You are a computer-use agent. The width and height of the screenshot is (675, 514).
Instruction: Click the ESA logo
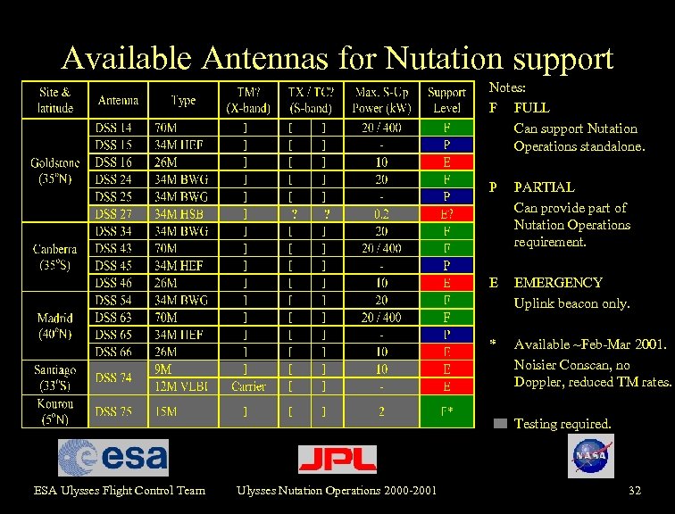pos(113,458)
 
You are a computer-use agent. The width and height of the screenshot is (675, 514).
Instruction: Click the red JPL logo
pos(337,459)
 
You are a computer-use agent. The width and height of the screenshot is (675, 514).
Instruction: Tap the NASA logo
pos(591,456)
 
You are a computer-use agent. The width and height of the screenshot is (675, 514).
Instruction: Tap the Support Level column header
pos(446,99)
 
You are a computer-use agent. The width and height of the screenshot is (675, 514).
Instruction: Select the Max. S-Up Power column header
pos(381,99)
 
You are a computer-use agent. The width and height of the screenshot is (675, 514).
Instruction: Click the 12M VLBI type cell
pos(181,385)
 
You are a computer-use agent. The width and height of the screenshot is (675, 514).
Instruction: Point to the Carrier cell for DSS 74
pos(248,385)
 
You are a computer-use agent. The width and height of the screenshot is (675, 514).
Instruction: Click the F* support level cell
pos(446,411)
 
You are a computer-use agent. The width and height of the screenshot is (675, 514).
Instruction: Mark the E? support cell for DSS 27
pos(446,213)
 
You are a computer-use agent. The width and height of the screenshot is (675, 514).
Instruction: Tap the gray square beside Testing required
pos(500,424)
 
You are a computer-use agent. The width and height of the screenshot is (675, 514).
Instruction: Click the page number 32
pos(635,490)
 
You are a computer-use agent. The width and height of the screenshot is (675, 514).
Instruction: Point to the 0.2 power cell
pos(381,213)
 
